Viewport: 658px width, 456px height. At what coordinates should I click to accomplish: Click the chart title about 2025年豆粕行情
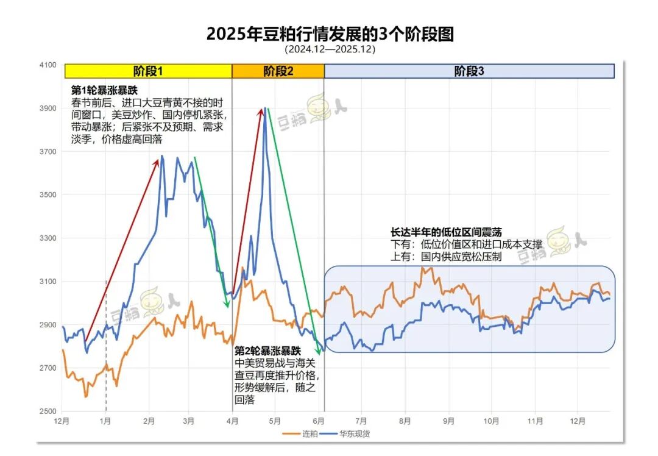click(x=330, y=34)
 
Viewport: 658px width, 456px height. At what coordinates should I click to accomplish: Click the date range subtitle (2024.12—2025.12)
click(x=330, y=49)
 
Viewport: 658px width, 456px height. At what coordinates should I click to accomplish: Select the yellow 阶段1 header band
click(x=148, y=71)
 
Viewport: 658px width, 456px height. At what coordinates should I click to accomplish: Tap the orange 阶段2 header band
click(x=278, y=71)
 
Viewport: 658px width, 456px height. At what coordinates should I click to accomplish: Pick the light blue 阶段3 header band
click(x=469, y=71)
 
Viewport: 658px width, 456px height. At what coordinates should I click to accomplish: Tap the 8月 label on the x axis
click(x=406, y=421)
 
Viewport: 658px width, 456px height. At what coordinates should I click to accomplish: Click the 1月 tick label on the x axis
click(x=105, y=421)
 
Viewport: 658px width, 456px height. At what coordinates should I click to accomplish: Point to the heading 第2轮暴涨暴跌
click(x=268, y=351)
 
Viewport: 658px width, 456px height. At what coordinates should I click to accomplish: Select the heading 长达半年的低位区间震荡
click(x=447, y=233)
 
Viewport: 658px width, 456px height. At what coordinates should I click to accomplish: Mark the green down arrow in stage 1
click(x=211, y=232)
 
